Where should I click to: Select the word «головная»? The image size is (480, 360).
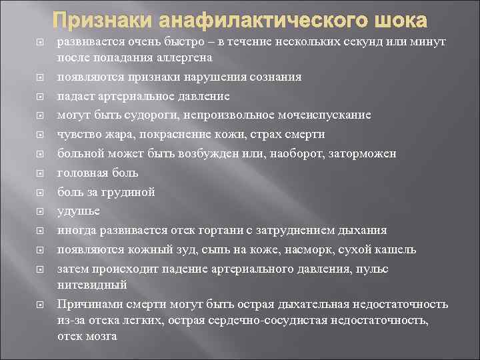coord(81,173)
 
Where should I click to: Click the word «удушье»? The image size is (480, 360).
coord(79,211)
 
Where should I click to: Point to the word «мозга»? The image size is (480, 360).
coord(101,337)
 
